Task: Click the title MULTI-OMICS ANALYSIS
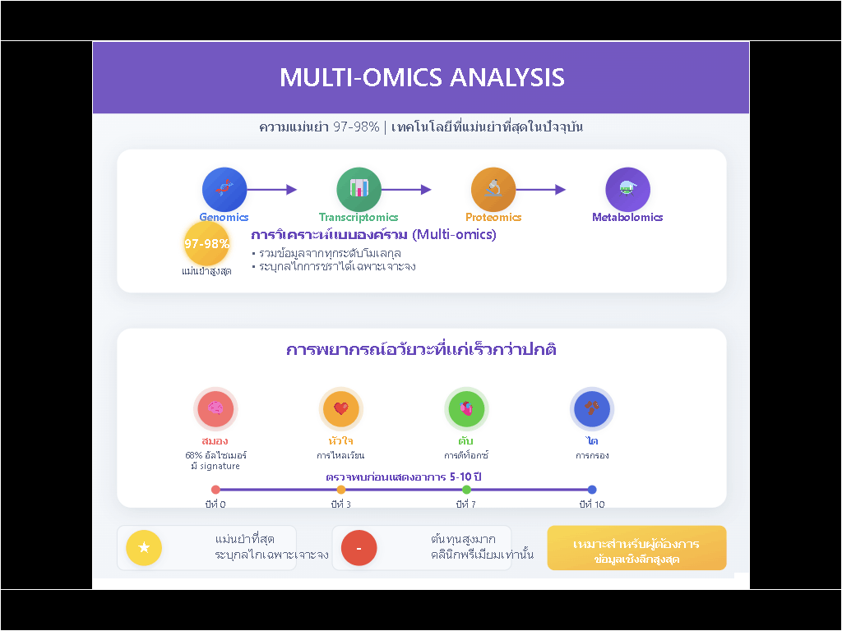coord(422,77)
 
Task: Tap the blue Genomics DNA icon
coord(224,189)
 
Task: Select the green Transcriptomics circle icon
coord(359,189)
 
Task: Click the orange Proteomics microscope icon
coord(493,189)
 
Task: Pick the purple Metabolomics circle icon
coord(627,189)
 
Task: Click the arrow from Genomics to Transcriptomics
coord(271,190)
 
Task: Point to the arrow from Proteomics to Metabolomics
coord(541,190)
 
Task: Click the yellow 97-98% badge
coord(206,243)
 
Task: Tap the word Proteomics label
coord(493,218)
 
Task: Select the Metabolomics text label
coord(627,218)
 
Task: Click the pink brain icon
coord(215,408)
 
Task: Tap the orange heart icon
coord(341,408)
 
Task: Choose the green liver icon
coord(466,408)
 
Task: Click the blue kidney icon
coord(592,408)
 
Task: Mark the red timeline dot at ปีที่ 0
coord(215,490)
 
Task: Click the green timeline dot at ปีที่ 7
coord(466,490)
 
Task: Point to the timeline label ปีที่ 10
coord(592,504)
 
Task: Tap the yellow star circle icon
coord(144,548)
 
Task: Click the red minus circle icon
coord(359,548)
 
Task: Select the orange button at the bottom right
coord(636,548)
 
